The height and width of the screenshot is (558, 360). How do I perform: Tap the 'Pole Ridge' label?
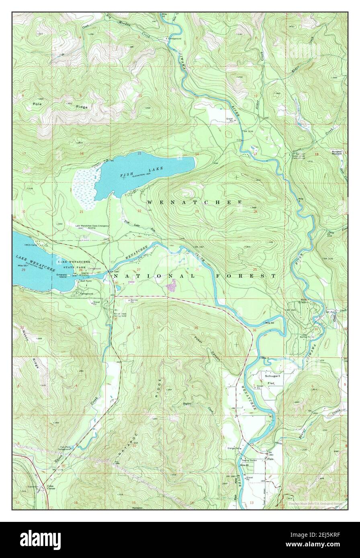click(x=60, y=105)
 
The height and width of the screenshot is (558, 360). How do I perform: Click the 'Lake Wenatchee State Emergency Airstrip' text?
click(x=92, y=227)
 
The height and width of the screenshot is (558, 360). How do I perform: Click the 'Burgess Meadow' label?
click(x=336, y=153)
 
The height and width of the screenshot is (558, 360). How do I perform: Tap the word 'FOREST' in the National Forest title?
click(x=245, y=276)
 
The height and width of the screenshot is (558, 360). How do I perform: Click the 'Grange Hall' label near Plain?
click(x=233, y=448)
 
